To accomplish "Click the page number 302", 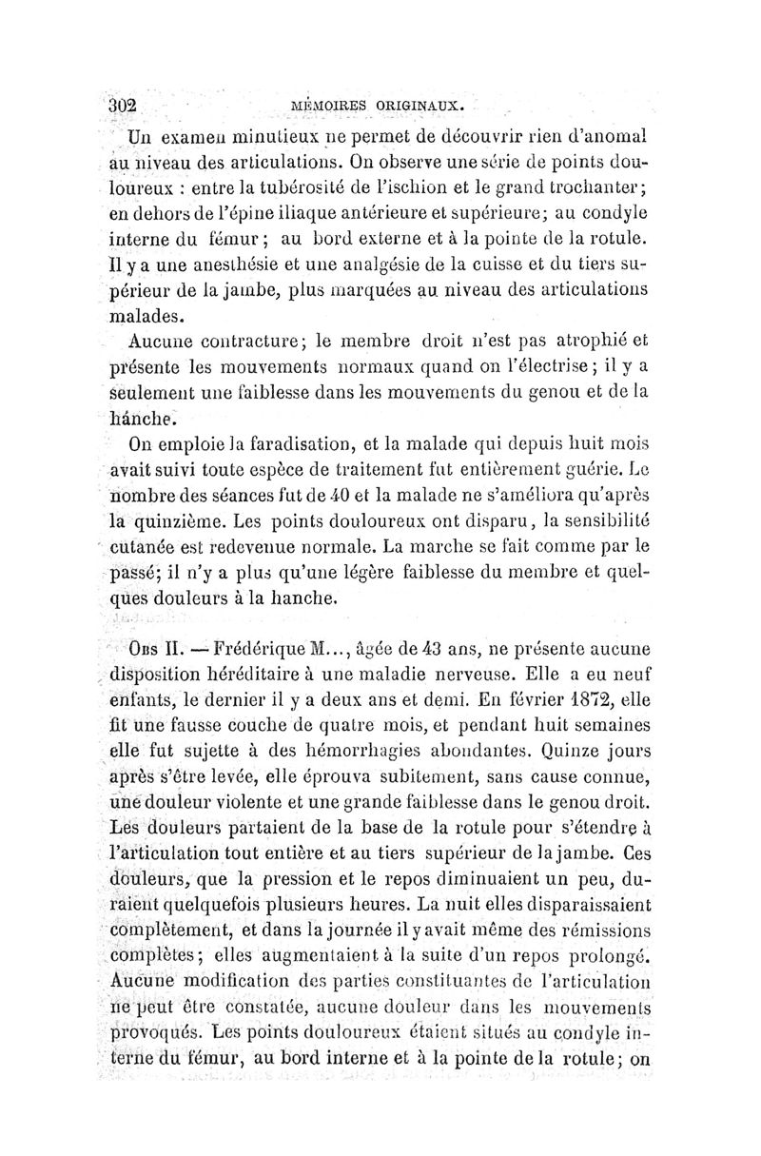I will tap(123, 105).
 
